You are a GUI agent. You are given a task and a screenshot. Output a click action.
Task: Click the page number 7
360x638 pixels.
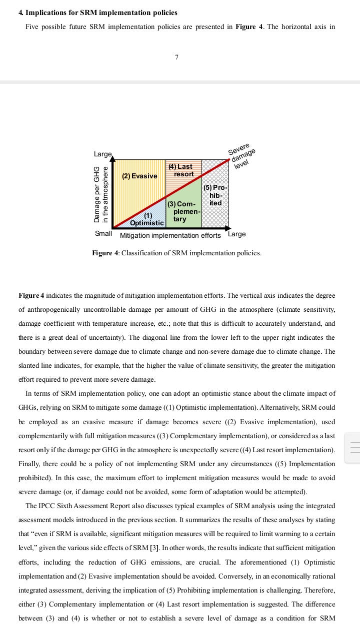tap(176, 57)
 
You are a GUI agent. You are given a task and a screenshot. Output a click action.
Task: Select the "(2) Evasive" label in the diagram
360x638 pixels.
tap(139, 176)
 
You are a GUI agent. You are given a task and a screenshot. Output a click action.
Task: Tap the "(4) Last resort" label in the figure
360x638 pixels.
tap(183, 170)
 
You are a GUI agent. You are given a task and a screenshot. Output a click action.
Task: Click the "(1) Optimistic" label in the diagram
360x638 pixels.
tap(147, 219)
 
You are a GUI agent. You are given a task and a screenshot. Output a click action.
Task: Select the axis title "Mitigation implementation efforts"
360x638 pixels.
tap(170, 235)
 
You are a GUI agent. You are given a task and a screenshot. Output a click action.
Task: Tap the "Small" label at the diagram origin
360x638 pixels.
tap(103, 233)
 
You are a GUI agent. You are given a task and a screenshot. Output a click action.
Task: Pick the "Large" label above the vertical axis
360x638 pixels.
tap(102, 154)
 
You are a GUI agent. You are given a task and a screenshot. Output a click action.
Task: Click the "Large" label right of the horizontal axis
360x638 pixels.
tap(236, 234)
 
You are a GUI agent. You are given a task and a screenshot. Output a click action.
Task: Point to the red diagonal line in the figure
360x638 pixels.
tap(170, 193)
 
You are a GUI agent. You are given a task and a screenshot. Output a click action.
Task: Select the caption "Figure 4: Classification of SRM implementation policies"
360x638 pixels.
tap(176, 253)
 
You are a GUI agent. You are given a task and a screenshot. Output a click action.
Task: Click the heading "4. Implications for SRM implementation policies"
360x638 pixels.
tap(97, 12)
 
